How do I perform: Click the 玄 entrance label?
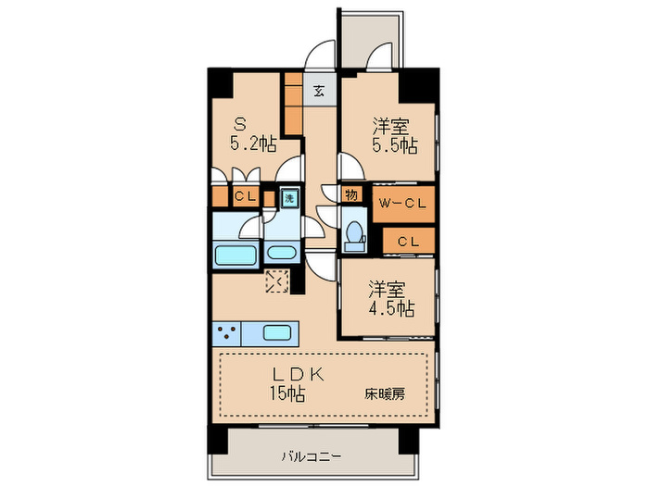[x=318, y=92]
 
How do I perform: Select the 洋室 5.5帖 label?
[x=394, y=135]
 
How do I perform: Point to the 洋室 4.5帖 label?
[x=391, y=297]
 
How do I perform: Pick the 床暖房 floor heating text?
[x=384, y=393]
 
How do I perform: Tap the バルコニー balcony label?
[x=313, y=456]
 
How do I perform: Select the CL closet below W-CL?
[x=408, y=241]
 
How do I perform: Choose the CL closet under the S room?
[x=245, y=195]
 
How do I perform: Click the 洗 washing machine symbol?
[x=288, y=198]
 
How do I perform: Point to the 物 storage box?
[x=350, y=194]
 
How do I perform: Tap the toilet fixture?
[x=353, y=234]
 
